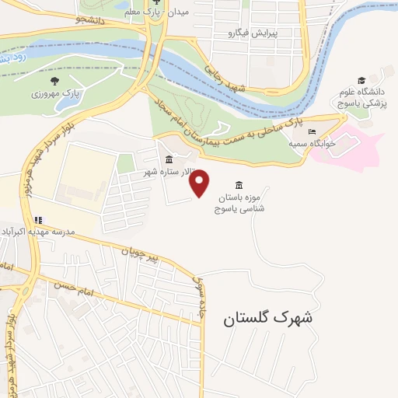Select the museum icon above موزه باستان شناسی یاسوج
[x=238, y=185]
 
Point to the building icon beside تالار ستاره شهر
[x=169, y=160]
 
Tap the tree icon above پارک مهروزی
[x=54, y=80]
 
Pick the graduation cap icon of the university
[x=361, y=80]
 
